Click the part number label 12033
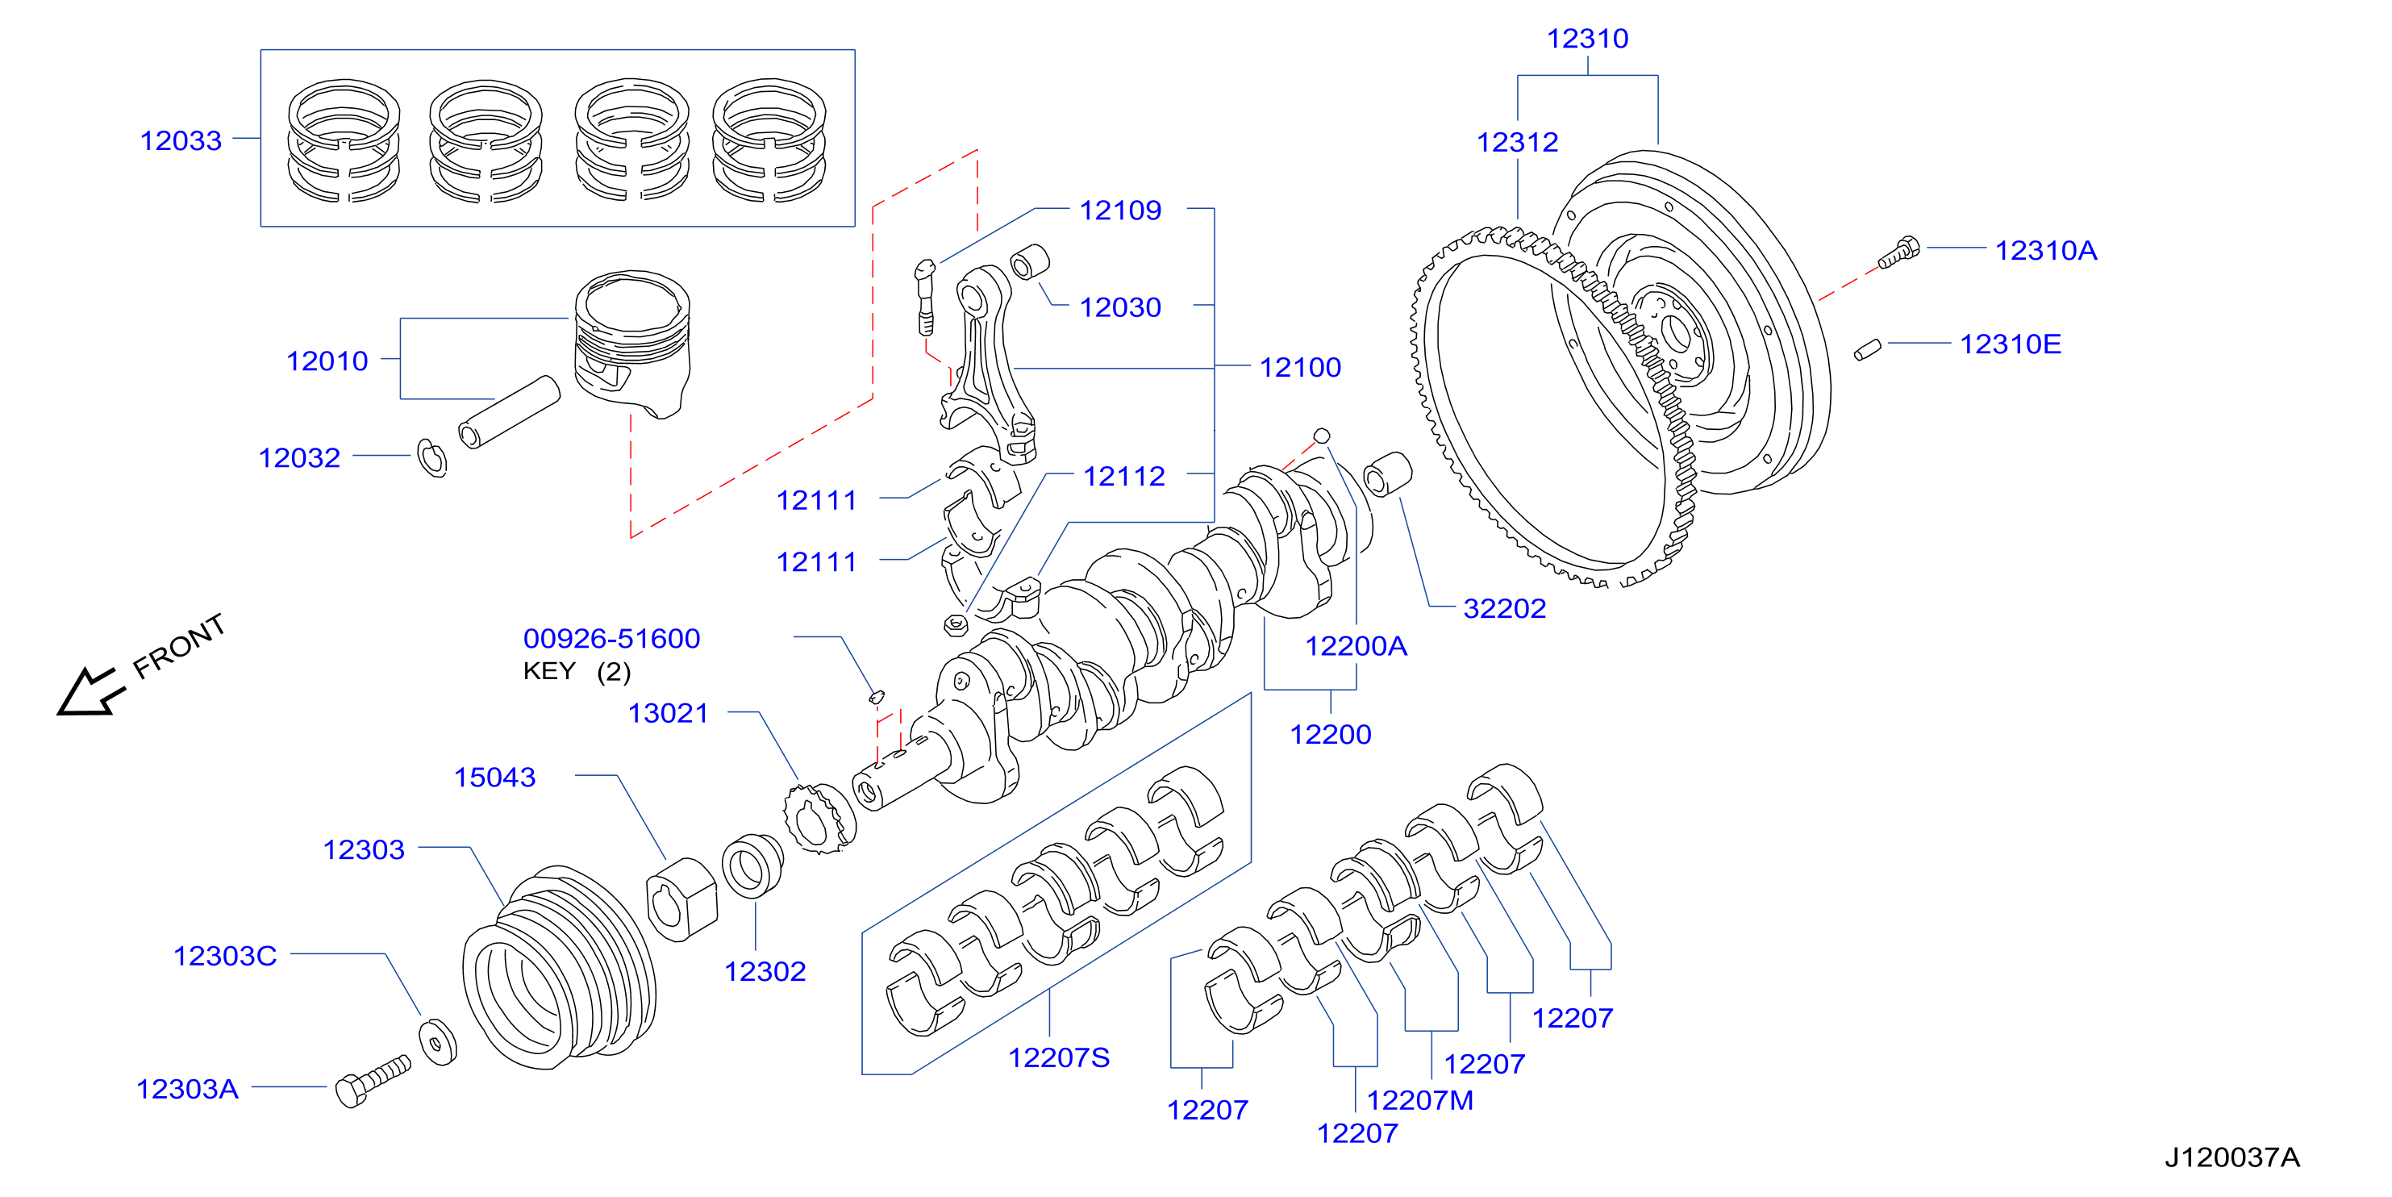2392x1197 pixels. (x=181, y=140)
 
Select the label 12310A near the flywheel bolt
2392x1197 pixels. (x=2046, y=250)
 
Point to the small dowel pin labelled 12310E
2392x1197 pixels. (x=1867, y=350)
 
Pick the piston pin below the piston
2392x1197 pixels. (x=509, y=412)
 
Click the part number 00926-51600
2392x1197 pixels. (x=611, y=638)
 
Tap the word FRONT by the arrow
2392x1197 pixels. (x=178, y=646)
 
